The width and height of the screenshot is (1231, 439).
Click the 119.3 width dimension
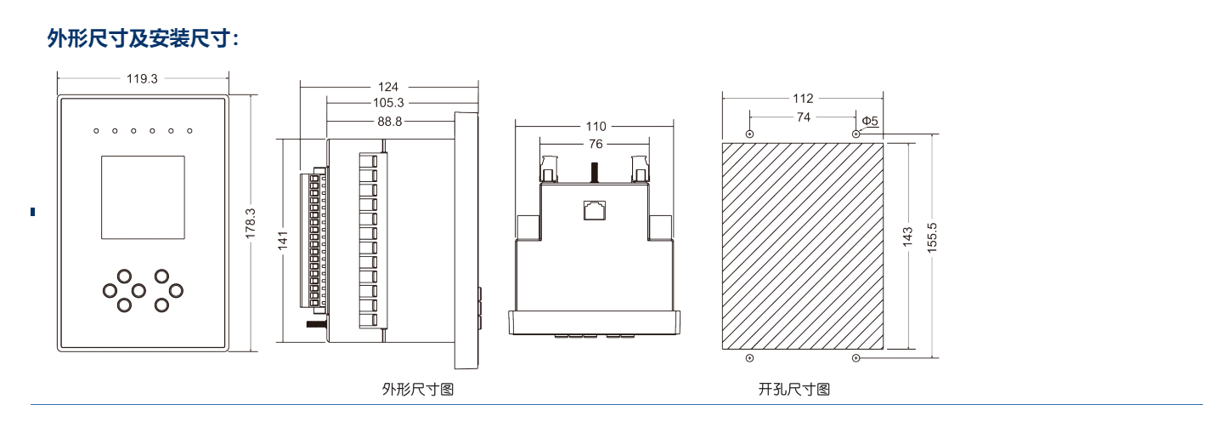[x=142, y=78]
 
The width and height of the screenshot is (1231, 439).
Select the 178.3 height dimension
[x=251, y=223]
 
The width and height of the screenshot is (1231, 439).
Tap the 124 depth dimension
[x=388, y=87]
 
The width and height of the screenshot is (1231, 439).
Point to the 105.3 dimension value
[x=388, y=103]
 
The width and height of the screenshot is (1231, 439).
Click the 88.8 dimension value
[x=389, y=122]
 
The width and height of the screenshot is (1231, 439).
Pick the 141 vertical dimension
[x=284, y=241]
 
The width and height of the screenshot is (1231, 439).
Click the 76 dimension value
[x=596, y=144]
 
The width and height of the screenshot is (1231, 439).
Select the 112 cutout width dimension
[x=803, y=99]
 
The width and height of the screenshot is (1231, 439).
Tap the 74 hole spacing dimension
[x=803, y=117]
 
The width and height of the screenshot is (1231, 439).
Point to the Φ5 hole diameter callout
[x=870, y=121]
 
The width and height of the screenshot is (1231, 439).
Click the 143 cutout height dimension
[x=907, y=237]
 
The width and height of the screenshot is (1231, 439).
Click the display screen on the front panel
[x=143, y=197]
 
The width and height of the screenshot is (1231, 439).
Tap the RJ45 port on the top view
[x=594, y=209]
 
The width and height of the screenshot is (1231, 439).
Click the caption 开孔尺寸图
[x=793, y=390]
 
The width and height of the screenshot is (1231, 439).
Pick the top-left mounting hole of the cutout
[x=748, y=134]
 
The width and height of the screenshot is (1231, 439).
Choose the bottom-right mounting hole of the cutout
[x=855, y=358]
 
